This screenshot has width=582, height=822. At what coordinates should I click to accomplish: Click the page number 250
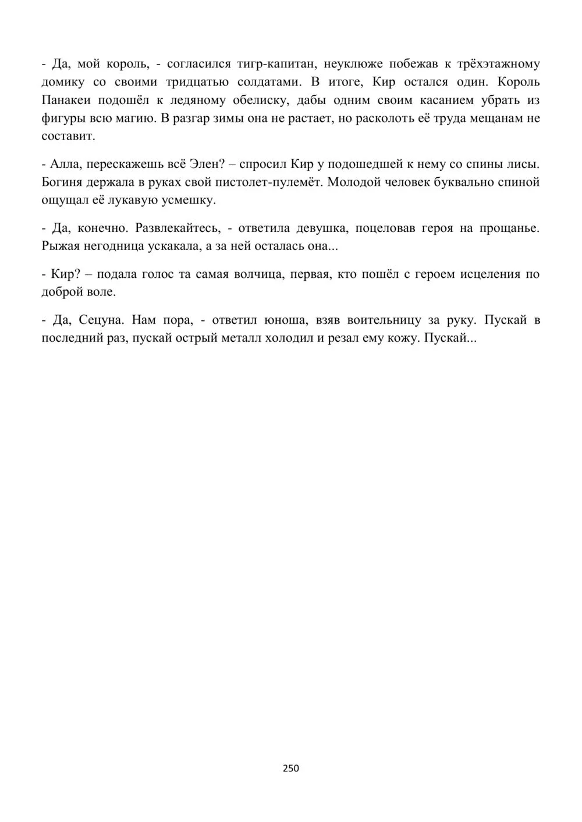coord(290,769)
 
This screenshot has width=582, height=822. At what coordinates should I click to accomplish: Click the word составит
coord(66,137)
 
